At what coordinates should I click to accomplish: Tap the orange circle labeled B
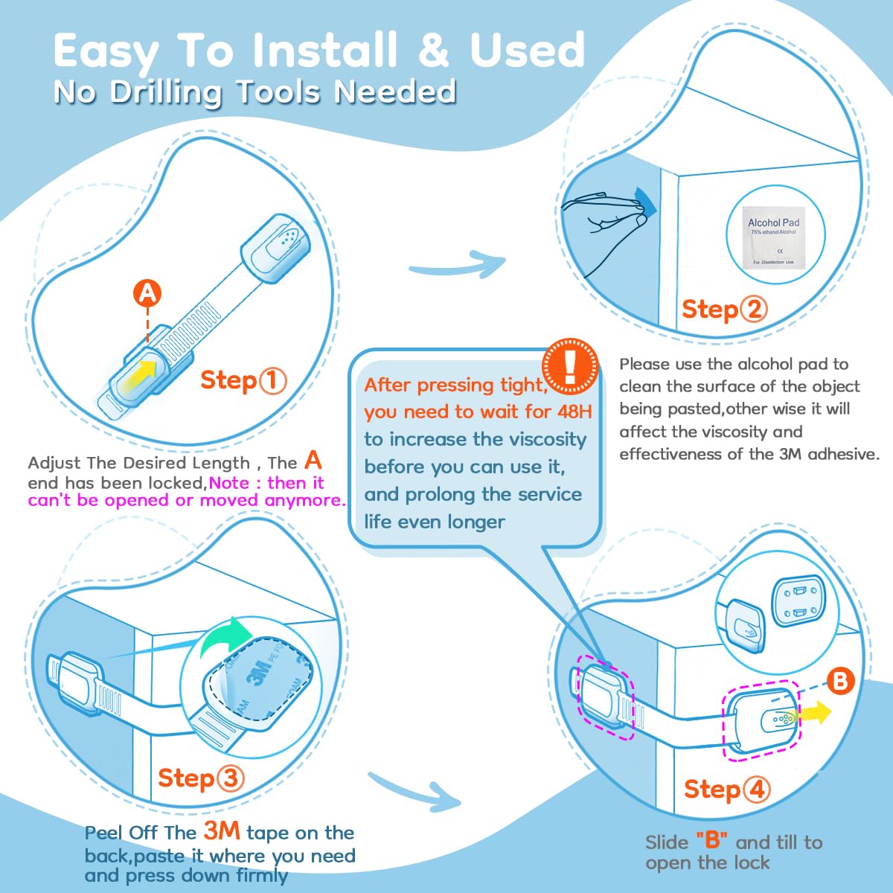pos(839,681)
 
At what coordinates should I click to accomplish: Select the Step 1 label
pos(243,380)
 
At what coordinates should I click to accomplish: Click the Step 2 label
pos(723,309)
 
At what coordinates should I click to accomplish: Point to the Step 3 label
pos(200,778)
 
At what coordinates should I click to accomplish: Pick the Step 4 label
pos(726,790)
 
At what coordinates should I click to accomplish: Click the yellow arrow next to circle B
pos(814,713)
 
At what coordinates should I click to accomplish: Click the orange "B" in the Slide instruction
pos(711,841)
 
